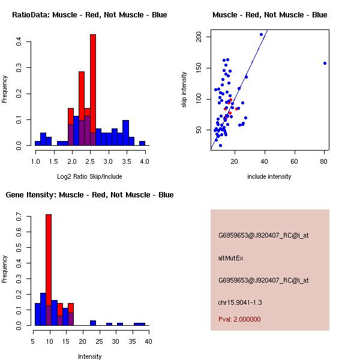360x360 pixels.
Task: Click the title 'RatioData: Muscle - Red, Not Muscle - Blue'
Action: (89, 14)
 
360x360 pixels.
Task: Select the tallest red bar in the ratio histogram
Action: (93, 90)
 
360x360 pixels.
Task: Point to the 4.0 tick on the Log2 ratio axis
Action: (145, 161)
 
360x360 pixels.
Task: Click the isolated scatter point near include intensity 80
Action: (325, 63)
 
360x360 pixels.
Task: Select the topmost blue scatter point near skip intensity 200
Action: (261, 34)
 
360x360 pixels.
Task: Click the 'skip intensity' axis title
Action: (184, 90)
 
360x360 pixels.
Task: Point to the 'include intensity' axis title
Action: (269, 176)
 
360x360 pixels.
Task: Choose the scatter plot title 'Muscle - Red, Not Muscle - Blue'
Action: (270, 14)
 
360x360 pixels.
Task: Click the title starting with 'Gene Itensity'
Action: (89, 194)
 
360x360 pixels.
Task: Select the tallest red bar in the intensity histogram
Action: (49, 270)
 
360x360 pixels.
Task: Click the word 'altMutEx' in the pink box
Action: (231, 258)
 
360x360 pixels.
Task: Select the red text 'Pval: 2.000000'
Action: (239, 319)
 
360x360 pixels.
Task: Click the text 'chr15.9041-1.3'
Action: (240, 302)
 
